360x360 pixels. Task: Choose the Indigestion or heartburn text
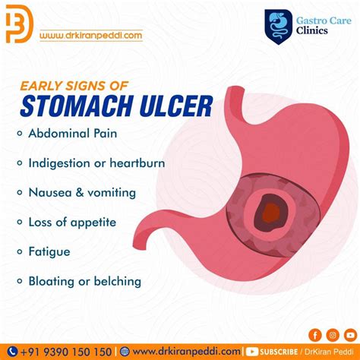point(96,163)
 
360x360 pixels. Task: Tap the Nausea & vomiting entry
point(82,192)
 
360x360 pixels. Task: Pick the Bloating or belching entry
point(84,281)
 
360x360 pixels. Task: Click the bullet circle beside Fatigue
point(17,252)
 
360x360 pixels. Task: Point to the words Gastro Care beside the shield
point(317,17)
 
